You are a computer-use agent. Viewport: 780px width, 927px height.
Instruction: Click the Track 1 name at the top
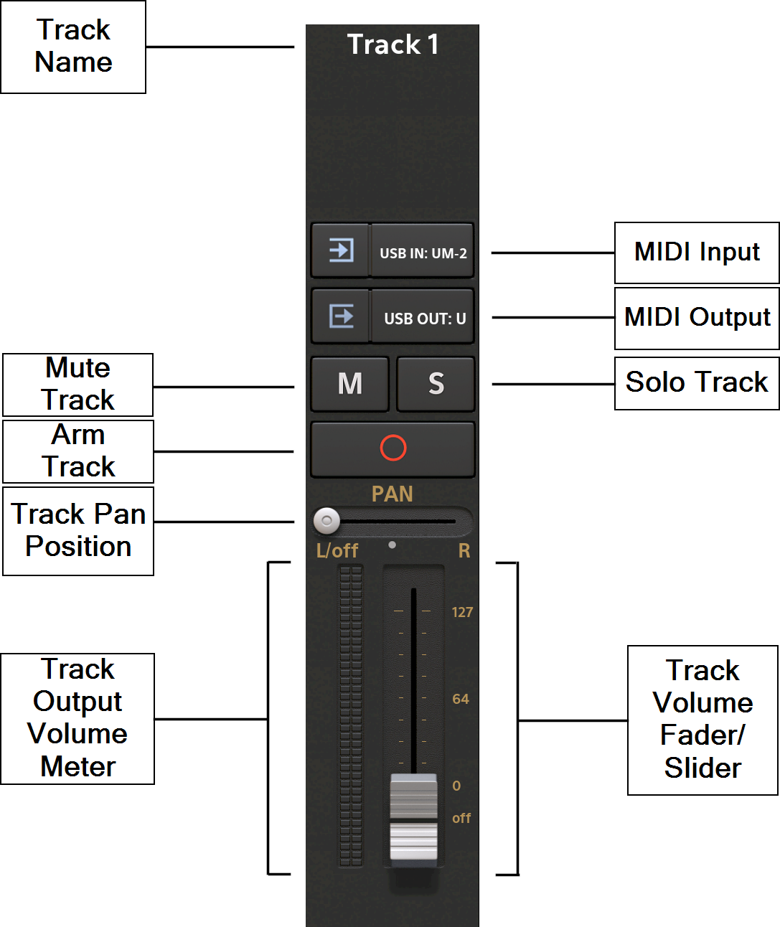(x=393, y=44)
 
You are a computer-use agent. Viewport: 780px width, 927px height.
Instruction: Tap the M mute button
(x=349, y=384)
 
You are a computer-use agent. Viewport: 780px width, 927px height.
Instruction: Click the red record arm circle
(x=393, y=448)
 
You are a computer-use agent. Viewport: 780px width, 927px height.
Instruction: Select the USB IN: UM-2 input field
(x=423, y=253)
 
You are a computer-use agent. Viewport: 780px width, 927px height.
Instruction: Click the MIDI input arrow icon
(x=341, y=250)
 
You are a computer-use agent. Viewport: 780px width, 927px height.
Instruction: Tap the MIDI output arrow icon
(x=341, y=316)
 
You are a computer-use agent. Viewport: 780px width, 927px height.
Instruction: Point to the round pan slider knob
(x=326, y=520)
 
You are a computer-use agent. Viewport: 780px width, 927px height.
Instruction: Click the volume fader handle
(x=413, y=818)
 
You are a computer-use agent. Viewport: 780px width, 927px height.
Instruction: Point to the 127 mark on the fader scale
(x=462, y=612)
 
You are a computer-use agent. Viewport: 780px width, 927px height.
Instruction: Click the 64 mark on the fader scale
(x=461, y=699)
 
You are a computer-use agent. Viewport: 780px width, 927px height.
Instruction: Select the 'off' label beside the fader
(x=461, y=818)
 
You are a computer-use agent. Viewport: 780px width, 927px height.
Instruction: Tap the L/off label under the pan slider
(x=337, y=550)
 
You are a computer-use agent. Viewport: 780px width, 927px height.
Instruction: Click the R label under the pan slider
(x=464, y=550)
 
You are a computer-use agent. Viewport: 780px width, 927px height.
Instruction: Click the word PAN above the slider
(x=393, y=494)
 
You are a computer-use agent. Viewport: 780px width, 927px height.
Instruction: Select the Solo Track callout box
(x=696, y=383)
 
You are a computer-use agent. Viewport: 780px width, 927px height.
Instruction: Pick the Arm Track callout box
(x=78, y=451)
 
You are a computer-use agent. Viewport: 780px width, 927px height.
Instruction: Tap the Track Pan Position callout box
(x=78, y=531)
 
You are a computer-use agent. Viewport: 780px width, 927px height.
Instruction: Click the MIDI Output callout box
(x=697, y=318)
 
